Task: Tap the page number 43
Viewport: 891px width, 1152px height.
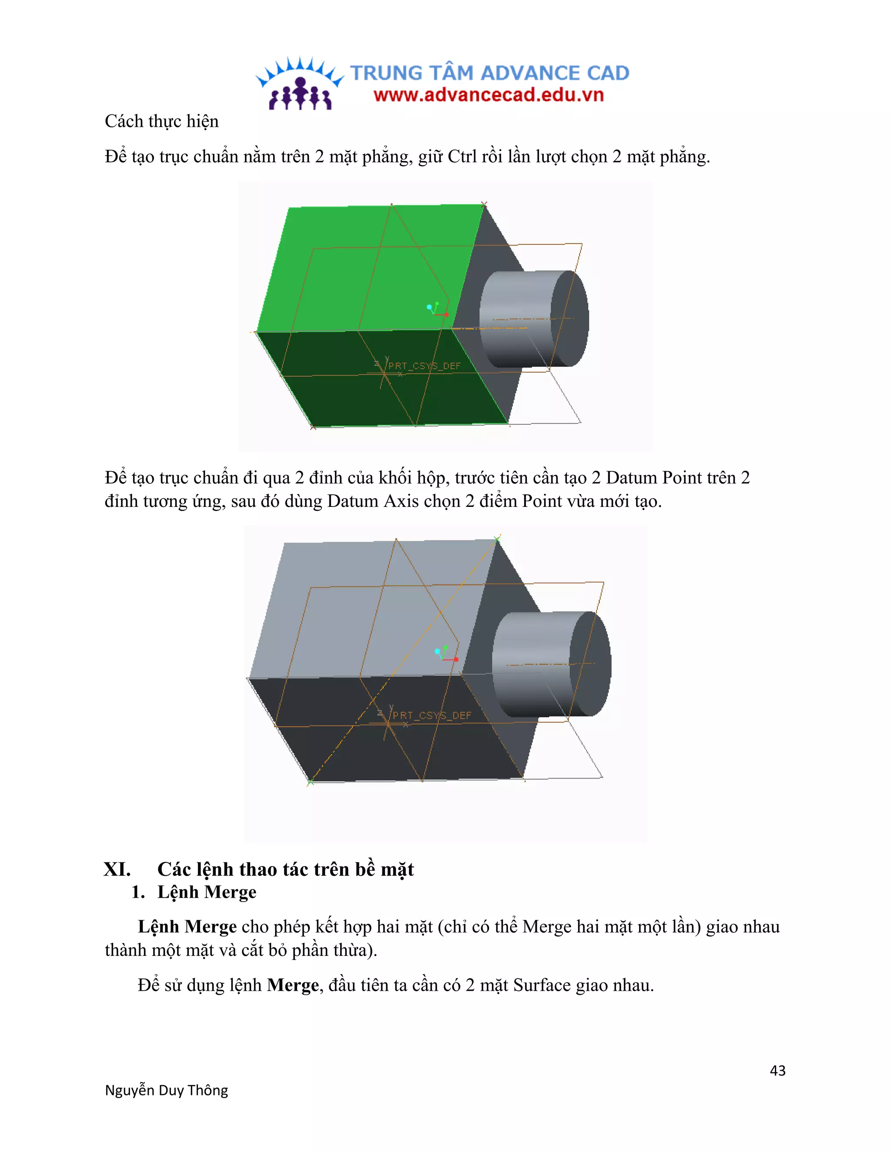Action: coord(777,1070)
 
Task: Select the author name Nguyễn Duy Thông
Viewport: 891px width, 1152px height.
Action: coord(166,1090)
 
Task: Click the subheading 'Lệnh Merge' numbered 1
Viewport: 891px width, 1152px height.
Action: coord(206,892)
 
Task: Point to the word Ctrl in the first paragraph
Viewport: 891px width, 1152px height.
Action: coord(462,156)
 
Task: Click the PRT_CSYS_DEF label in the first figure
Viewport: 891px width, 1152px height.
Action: coord(424,366)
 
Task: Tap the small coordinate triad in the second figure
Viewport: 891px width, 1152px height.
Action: coord(445,653)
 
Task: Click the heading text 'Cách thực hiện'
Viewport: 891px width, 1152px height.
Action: coord(161,121)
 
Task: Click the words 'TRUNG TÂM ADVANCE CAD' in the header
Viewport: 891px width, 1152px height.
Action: coord(490,73)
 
